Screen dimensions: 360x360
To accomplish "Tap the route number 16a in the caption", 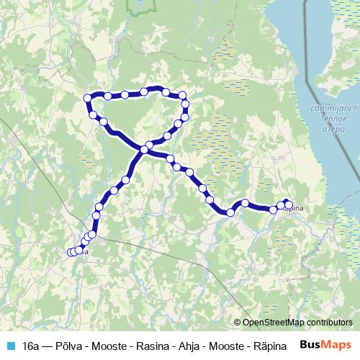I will point(30,345).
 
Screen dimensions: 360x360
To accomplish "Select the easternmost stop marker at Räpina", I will point(288,204).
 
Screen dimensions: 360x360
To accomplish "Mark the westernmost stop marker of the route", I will point(71,252).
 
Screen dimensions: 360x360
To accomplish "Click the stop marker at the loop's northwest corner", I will point(88,98).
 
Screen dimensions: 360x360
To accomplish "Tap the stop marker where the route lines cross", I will point(145,150).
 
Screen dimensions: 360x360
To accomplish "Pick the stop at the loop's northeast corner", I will point(183,95).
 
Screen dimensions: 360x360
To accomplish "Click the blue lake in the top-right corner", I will point(317,43).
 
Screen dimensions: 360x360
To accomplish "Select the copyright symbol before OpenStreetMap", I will point(237,323).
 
